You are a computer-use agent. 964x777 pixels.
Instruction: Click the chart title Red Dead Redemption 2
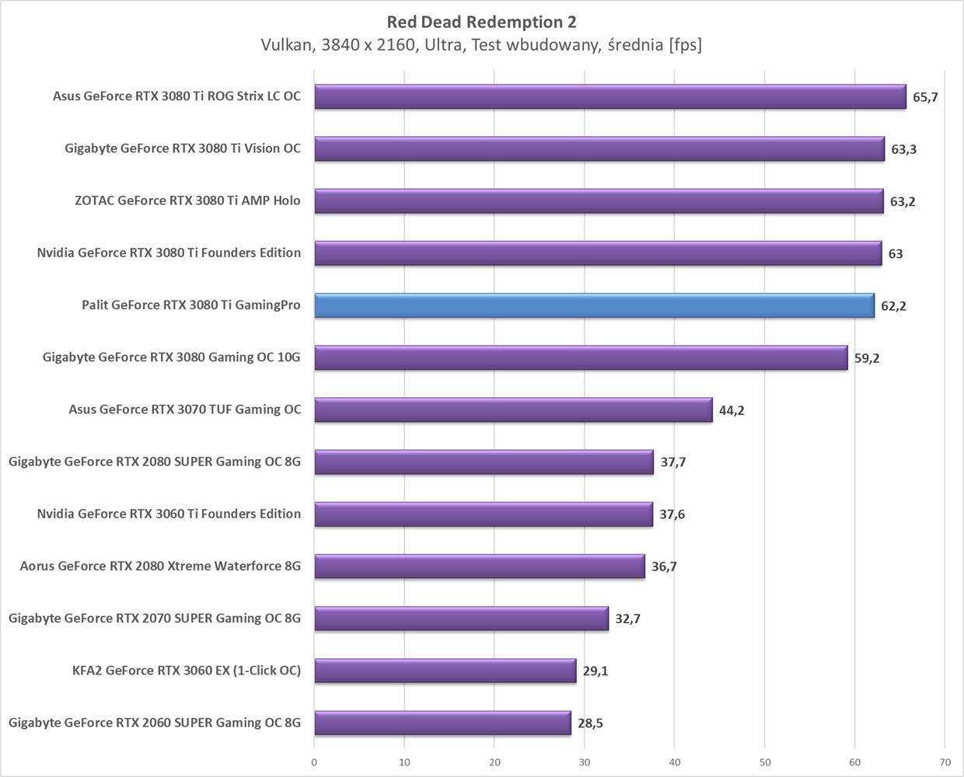481,22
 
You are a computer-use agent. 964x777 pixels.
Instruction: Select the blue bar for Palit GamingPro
594,305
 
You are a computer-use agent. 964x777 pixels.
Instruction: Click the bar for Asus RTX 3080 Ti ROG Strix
609,96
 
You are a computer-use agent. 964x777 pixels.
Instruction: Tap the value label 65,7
925,97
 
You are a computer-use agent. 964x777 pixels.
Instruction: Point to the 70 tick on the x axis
945,762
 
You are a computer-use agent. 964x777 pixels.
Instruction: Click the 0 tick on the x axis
314,762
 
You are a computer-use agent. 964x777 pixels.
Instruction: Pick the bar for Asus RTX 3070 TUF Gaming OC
513,409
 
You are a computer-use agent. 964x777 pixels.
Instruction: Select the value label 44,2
732,410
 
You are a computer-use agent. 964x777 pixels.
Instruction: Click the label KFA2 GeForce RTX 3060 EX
187,670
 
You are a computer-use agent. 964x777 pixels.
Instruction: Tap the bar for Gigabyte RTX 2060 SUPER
442,723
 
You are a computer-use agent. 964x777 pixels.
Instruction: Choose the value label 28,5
590,723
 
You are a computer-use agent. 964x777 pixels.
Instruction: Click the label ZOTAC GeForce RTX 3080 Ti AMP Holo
187,200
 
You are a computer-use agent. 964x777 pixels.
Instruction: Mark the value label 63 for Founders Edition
896,253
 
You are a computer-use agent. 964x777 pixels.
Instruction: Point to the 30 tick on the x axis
585,762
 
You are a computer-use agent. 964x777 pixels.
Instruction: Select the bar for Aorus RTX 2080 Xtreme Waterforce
479,566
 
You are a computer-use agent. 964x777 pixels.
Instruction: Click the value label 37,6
672,514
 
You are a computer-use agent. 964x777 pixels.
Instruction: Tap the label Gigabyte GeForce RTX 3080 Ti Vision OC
183,148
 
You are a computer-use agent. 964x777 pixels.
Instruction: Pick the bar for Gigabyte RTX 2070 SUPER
461,618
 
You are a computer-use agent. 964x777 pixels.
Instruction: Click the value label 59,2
867,358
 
